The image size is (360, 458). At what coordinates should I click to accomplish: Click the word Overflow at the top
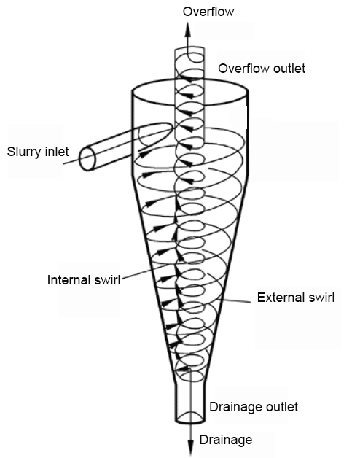pyautogui.click(x=208, y=12)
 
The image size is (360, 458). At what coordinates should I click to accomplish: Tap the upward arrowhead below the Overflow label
pyautogui.click(x=188, y=29)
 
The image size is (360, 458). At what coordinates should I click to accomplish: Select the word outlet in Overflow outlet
pyautogui.click(x=289, y=69)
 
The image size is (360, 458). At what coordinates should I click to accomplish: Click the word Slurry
pyautogui.click(x=23, y=152)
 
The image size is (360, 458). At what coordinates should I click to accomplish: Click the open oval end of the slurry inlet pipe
pyautogui.click(x=87, y=159)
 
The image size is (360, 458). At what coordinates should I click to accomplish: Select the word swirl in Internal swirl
pyautogui.click(x=106, y=280)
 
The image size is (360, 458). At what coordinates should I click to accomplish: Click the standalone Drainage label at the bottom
pyautogui.click(x=226, y=440)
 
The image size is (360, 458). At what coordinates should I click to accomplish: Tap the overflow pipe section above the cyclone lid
pyautogui.click(x=189, y=63)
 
